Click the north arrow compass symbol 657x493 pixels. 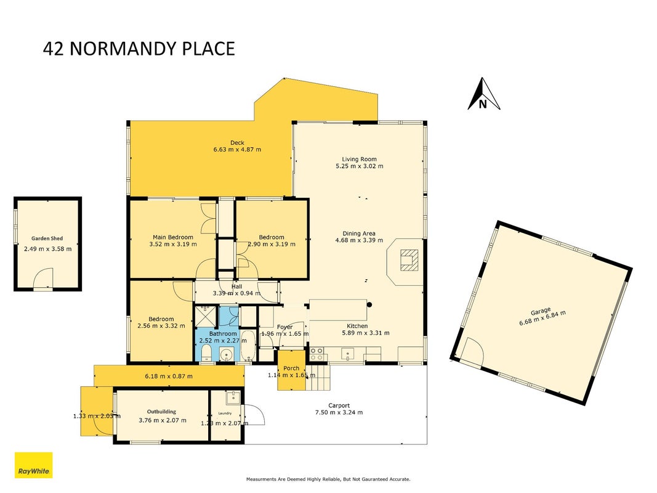point(483,94)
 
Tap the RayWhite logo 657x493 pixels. point(33,465)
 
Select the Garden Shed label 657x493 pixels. point(47,238)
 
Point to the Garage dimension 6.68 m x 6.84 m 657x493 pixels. point(542,318)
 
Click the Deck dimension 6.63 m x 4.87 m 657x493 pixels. point(237,149)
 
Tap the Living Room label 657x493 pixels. point(359,159)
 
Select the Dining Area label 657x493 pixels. point(359,234)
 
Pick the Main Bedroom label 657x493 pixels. point(172,237)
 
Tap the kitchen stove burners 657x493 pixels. point(316,354)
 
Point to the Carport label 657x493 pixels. point(339,405)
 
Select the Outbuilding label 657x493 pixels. point(161,412)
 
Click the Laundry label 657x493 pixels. point(225,414)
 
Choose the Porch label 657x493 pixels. point(291,368)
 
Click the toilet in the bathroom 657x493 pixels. point(206,356)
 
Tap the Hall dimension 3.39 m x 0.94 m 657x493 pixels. point(236,293)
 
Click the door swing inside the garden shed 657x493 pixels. point(43,277)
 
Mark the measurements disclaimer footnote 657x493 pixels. point(328,479)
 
